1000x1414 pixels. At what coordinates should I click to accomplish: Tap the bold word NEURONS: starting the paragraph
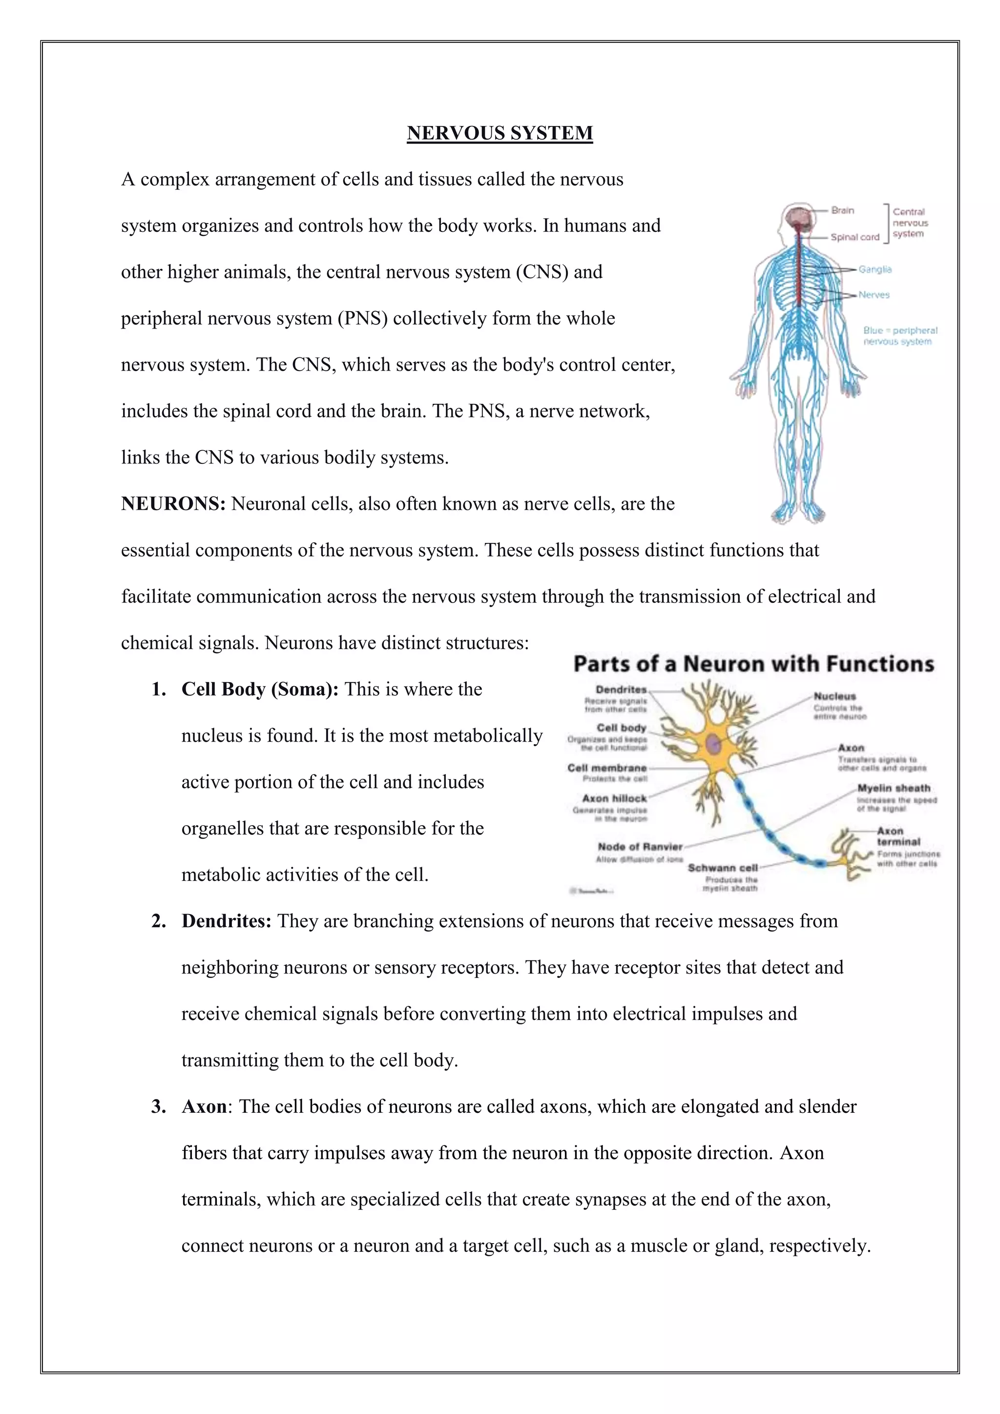[174, 504]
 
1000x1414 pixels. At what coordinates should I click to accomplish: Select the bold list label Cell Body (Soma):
[260, 689]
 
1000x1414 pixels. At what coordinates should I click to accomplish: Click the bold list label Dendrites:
[226, 921]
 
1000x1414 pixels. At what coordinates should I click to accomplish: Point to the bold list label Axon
[204, 1107]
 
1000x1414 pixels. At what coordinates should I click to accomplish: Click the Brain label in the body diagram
[842, 210]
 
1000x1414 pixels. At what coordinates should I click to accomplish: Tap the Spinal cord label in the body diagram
[854, 237]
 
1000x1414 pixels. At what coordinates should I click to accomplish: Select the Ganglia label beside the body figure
[875, 269]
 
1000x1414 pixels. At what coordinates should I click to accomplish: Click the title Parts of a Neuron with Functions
[754, 664]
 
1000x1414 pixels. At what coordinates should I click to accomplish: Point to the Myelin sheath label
[894, 788]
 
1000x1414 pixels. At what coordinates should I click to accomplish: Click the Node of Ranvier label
[640, 847]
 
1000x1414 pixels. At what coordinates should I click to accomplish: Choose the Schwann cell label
[722, 868]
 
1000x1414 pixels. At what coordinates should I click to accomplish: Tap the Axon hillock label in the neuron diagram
[615, 799]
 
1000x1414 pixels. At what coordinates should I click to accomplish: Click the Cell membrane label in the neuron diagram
[607, 768]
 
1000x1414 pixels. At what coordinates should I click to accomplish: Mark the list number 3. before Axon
[159, 1107]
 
